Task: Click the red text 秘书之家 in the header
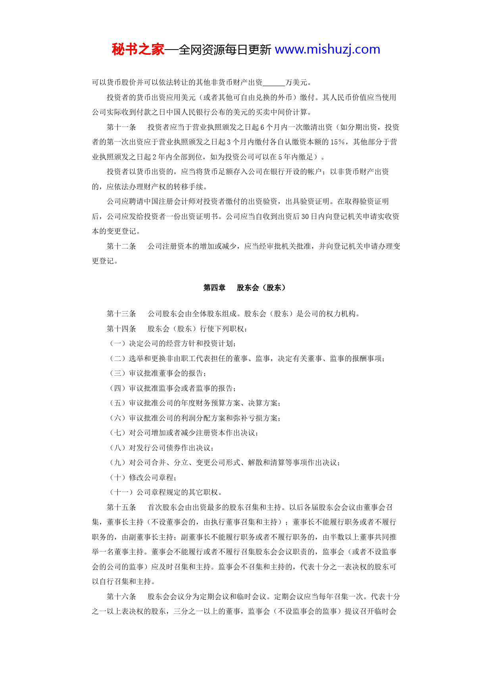tap(138, 50)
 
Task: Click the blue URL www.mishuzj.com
tap(327, 50)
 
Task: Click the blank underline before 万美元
tap(274, 83)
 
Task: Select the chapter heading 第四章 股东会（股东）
tap(244, 288)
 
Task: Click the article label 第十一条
tap(121, 127)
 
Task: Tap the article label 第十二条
tap(121, 246)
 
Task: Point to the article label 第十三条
tap(121, 314)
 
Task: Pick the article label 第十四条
tap(121, 329)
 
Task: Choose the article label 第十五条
tap(121, 508)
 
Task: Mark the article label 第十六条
tap(121, 597)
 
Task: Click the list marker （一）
tap(117, 344)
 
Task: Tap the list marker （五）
tap(117, 403)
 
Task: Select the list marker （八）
tap(117, 448)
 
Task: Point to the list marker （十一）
tap(121, 492)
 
